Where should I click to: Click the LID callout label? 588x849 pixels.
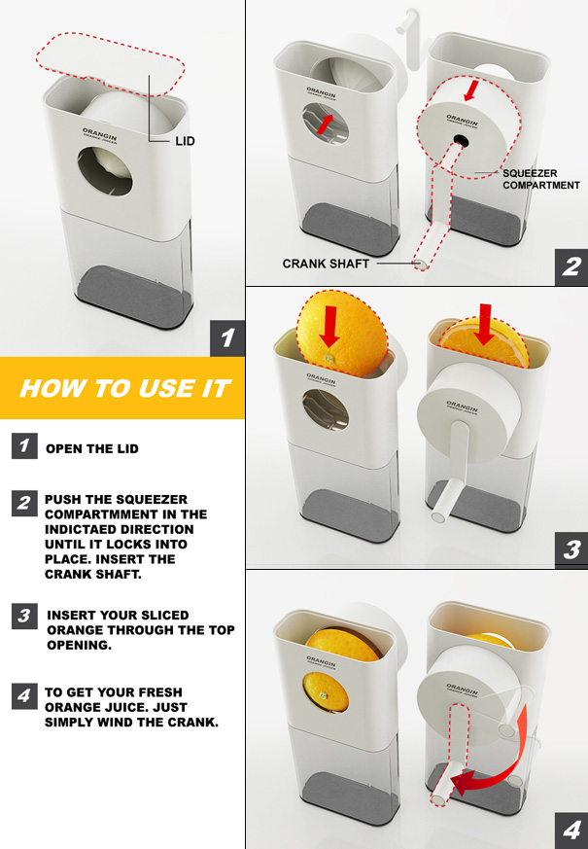(x=185, y=141)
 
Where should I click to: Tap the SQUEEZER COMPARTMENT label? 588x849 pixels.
(x=541, y=179)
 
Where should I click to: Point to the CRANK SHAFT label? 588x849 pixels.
(x=326, y=264)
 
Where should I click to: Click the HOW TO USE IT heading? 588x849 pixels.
(x=125, y=388)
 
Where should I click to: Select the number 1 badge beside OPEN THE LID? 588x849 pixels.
(x=24, y=445)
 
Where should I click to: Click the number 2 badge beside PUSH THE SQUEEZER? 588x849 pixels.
(x=24, y=503)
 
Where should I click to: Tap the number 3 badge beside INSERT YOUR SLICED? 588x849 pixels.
(x=24, y=617)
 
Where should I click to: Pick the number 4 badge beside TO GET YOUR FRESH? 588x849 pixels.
(x=24, y=695)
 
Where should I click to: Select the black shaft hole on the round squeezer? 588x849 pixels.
(x=461, y=141)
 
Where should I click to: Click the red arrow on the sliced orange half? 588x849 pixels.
(x=485, y=324)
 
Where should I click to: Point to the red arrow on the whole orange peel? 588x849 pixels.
(x=329, y=327)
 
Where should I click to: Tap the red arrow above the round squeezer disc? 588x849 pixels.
(x=470, y=90)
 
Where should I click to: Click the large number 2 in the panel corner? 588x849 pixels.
(x=571, y=266)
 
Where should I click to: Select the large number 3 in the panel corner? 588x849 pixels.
(x=571, y=550)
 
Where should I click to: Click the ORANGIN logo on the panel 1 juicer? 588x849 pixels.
(x=99, y=135)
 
